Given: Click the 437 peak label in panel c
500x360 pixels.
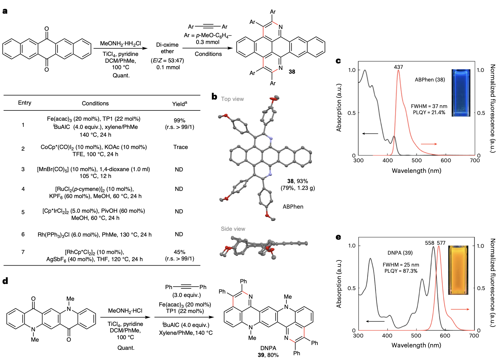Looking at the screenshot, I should click(x=399, y=67).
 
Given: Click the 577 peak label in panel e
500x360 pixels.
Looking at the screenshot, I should click(x=441, y=243).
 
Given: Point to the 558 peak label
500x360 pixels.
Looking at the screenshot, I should click(x=429, y=243).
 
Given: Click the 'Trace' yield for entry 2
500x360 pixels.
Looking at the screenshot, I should click(x=181, y=147).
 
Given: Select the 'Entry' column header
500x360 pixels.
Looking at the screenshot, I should click(x=25, y=103).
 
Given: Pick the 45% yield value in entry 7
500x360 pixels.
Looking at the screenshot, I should click(x=179, y=252).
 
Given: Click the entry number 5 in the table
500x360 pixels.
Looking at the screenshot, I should click(x=23, y=212).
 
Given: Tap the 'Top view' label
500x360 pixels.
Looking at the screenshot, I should click(x=232, y=99).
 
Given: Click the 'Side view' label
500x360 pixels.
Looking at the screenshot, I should click(x=233, y=229).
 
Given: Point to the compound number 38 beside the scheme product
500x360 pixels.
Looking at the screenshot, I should click(x=292, y=72).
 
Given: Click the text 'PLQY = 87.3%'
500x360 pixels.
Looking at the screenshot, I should click(x=401, y=271).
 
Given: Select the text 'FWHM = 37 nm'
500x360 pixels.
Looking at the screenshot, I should click(x=429, y=106).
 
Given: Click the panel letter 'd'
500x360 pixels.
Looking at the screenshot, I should click(x=5, y=281).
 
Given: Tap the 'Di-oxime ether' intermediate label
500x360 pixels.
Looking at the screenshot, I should click(x=167, y=48).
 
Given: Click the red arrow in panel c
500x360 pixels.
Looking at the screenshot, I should click(x=429, y=144).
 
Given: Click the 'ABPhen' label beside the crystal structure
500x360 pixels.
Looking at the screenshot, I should click(x=293, y=207).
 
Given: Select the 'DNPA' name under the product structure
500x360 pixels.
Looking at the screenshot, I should click(x=268, y=348).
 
